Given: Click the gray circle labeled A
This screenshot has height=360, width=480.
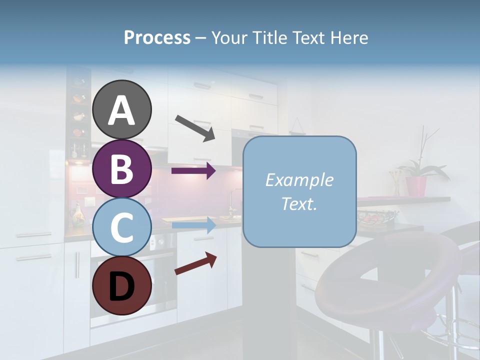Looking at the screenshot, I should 121,109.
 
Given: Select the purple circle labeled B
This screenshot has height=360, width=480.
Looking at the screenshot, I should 121,168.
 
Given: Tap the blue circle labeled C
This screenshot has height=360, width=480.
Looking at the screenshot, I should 121,227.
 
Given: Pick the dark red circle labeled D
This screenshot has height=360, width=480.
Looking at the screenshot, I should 121,285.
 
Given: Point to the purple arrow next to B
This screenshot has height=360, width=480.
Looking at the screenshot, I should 193,171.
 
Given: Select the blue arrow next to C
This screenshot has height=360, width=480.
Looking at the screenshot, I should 193,225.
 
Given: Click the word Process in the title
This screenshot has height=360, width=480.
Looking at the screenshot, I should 157,37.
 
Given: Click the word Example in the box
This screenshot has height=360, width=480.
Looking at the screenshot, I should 299,180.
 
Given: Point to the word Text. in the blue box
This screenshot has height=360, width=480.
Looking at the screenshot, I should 299,203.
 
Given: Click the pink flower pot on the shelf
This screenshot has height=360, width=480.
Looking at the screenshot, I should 416,185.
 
